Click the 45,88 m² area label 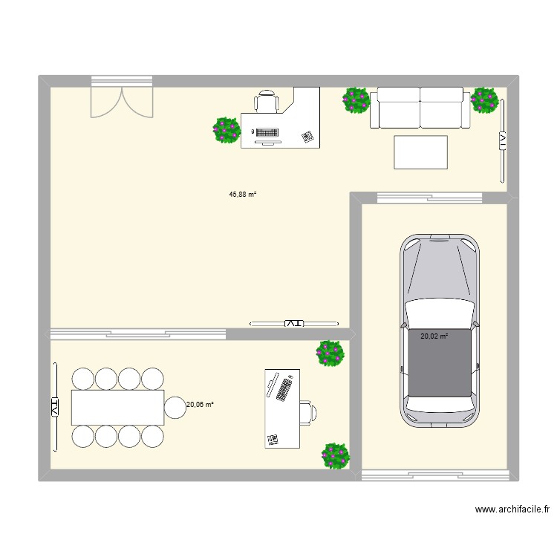(242, 195)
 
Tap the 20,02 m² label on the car (434, 336)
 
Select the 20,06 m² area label (200, 405)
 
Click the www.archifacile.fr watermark (512, 509)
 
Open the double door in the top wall (121, 100)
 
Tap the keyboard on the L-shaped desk (267, 132)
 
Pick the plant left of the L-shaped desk (227, 130)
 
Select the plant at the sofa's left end (356, 100)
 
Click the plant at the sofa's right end (485, 100)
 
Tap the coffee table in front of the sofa (420, 152)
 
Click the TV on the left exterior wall (54, 406)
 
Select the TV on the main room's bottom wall (294, 323)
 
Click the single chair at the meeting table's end (175, 407)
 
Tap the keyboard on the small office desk (283, 388)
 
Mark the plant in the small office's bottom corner (335, 455)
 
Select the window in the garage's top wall (429, 198)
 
